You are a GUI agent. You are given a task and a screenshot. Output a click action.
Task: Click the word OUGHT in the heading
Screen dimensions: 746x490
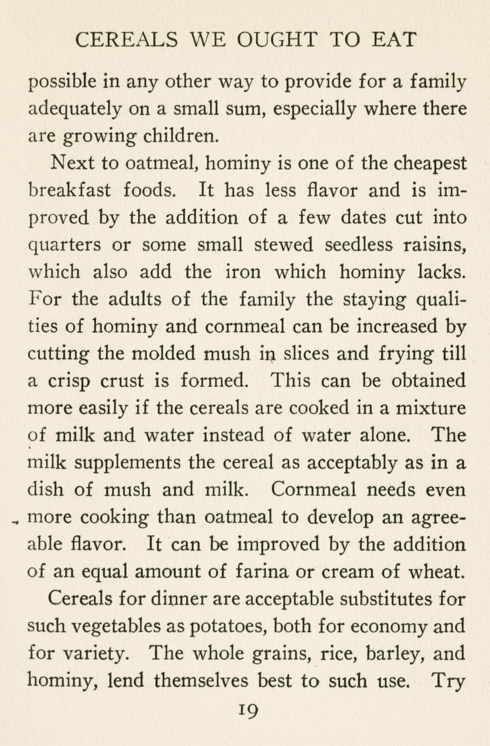click(x=277, y=40)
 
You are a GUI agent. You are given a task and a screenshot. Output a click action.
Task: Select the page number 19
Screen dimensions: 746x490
click(x=245, y=710)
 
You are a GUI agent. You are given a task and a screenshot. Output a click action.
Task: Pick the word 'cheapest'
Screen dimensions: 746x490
click(x=426, y=164)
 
